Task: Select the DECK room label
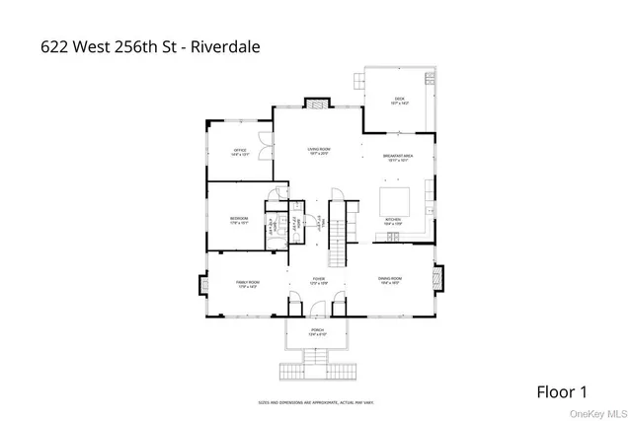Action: point(400,100)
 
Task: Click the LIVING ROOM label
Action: point(318,151)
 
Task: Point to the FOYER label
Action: point(319,281)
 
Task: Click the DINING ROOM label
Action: point(388,281)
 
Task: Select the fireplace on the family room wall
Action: point(204,286)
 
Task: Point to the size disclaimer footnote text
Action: point(317,401)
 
